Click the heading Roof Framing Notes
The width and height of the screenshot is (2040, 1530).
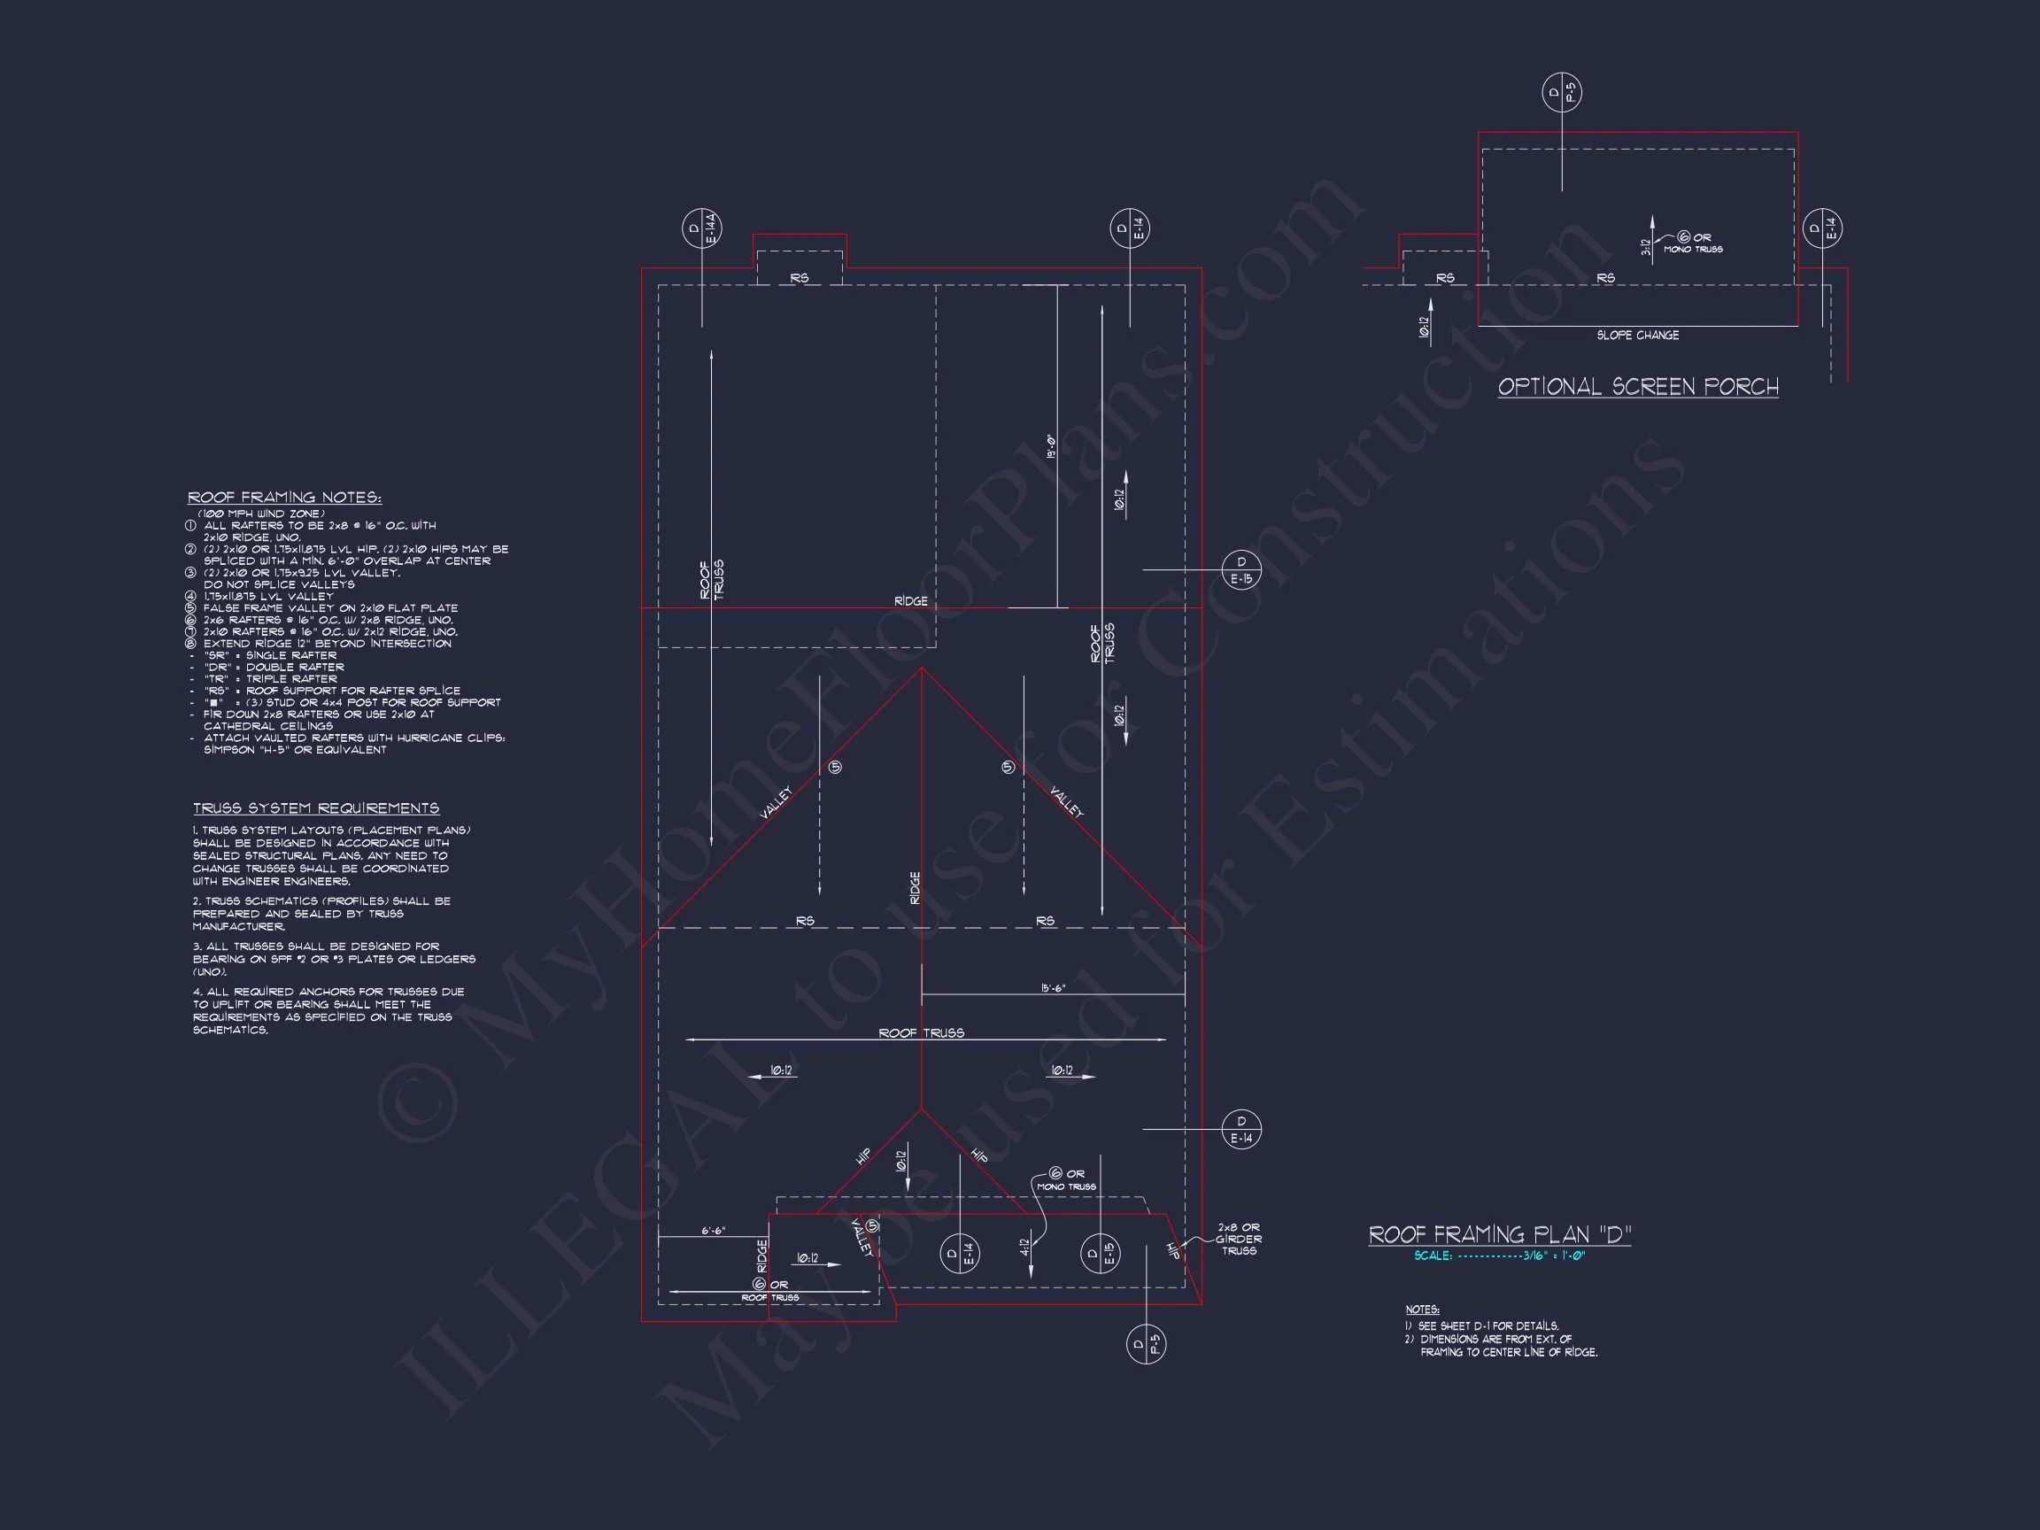284,498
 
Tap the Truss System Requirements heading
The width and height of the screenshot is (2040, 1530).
315,808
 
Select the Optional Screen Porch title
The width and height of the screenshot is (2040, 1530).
1638,387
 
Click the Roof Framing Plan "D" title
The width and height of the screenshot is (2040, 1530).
1500,1235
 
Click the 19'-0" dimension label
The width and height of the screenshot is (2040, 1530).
1050,446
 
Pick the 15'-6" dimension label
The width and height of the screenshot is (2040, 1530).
1052,989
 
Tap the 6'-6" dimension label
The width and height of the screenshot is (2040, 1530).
713,1232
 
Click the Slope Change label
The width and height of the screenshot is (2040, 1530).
1638,336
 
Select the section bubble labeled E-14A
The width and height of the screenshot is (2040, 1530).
702,228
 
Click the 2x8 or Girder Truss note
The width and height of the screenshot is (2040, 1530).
1239,1240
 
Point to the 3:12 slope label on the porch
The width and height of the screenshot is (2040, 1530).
1645,246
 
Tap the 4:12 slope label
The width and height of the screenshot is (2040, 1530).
1024,1247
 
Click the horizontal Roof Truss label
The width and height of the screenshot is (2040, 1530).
922,1034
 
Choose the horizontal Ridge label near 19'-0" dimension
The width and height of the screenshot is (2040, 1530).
910,601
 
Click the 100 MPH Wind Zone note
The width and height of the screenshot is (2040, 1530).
261,514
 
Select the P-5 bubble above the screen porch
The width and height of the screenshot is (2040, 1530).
1562,92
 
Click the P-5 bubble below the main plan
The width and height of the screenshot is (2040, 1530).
1147,1345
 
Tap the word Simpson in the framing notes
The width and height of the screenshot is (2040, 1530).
231,750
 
